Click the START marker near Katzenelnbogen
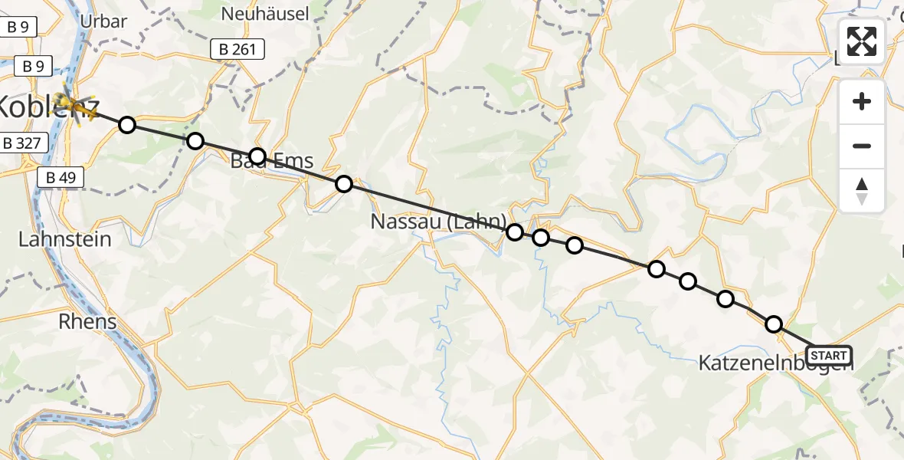click(828, 356)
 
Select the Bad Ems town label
click(273, 162)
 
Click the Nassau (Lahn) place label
click(437, 222)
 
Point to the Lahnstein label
click(65, 239)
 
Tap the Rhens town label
click(87, 321)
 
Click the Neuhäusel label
click(265, 14)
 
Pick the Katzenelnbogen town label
click(775, 364)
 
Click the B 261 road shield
click(237, 51)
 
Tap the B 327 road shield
click(25, 143)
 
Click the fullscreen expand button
click(862, 41)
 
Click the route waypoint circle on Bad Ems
click(257, 156)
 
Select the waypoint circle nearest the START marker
click(774, 324)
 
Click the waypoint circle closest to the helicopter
click(127, 124)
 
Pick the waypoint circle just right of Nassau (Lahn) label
click(515, 232)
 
